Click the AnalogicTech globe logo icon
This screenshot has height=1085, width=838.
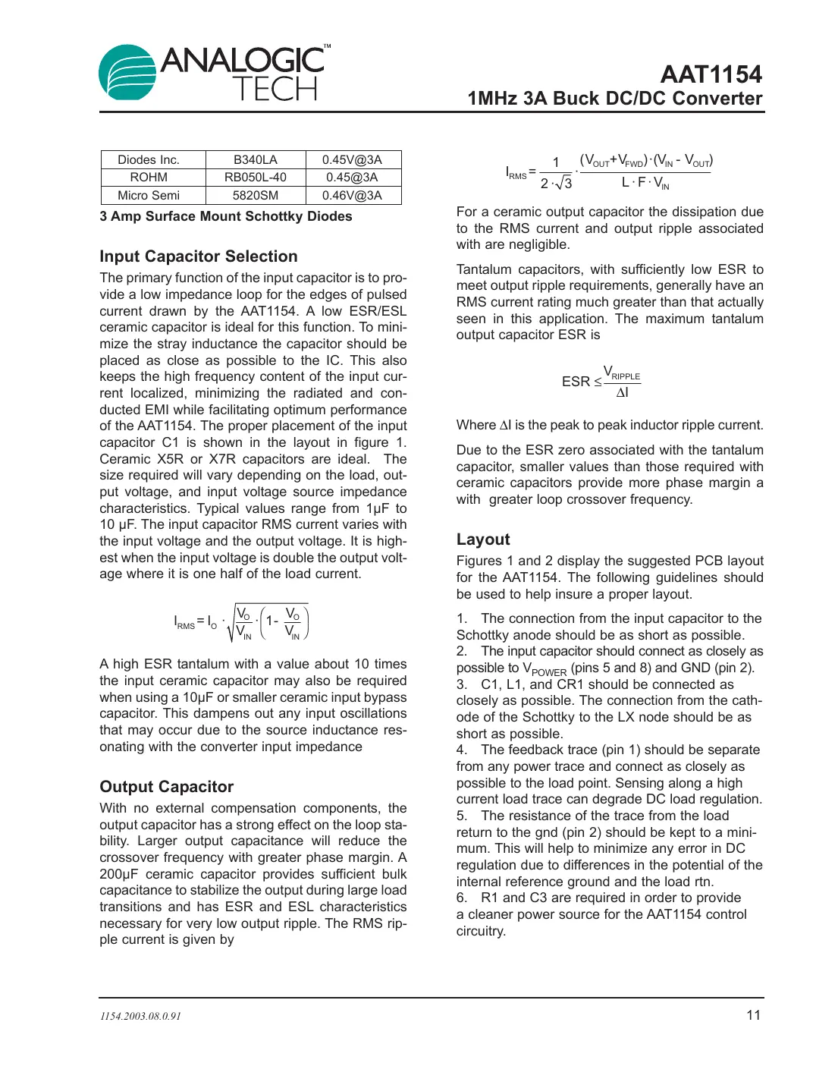(127, 72)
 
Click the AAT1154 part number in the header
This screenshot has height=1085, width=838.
(711, 74)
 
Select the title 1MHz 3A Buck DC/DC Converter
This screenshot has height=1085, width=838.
(614, 99)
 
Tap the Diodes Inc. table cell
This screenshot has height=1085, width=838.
(149, 160)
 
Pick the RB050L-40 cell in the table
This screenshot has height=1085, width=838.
(255, 178)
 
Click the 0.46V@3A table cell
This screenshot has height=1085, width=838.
(352, 196)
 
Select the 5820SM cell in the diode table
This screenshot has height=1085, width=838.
(255, 196)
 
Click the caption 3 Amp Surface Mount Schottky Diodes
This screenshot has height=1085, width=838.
(226, 216)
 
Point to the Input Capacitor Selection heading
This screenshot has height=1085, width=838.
(199, 256)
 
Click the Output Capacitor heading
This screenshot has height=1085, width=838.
(167, 787)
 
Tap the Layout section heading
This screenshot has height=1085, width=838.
(483, 539)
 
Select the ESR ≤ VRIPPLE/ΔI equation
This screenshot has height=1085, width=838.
(601, 382)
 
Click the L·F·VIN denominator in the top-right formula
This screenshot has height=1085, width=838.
(645, 183)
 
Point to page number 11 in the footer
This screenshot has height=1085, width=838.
(753, 1015)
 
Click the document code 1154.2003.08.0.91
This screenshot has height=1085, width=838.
(140, 1017)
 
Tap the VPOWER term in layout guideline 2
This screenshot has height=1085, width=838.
(545, 669)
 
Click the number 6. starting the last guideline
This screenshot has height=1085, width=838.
(462, 898)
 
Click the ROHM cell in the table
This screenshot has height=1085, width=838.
(149, 178)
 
